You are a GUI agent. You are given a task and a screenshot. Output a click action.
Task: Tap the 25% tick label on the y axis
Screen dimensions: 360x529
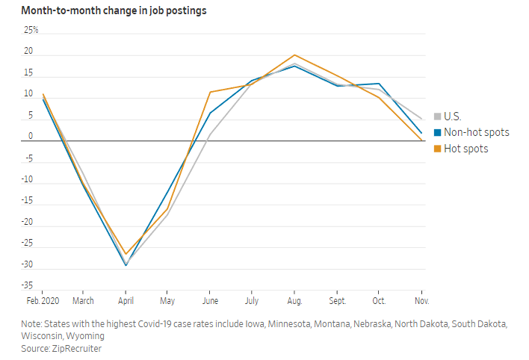(x=31, y=31)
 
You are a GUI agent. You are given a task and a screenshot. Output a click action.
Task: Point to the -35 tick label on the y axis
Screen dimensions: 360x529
(x=28, y=286)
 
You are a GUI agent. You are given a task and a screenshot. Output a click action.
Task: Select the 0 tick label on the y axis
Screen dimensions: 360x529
(x=31, y=137)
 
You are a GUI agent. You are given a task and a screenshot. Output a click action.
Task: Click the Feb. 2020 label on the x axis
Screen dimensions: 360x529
(x=42, y=300)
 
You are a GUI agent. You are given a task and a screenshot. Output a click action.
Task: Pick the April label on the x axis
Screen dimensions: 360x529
(x=126, y=300)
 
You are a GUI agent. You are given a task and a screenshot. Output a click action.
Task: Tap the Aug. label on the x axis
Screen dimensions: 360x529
(x=294, y=300)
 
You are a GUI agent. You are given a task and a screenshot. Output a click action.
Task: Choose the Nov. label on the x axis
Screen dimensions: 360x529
(x=421, y=300)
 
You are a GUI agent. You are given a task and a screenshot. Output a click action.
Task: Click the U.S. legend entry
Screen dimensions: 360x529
(x=452, y=116)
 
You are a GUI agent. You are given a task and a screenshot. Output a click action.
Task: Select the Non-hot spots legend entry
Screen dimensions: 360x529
(x=476, y=132)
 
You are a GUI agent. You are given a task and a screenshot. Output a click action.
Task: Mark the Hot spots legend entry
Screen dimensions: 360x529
(x=465, y=149)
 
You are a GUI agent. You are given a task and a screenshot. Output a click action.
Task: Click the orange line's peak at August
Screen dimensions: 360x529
(x=294, y=55)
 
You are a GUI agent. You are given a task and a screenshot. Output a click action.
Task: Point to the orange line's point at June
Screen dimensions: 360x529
(x=210, y=92)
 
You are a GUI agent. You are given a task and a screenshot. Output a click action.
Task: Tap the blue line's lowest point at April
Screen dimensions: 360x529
(x=126, y=265)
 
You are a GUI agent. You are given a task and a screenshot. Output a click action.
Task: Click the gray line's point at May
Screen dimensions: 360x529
(x=168, y=214)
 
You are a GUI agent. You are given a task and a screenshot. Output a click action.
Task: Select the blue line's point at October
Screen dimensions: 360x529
(x=380, y=84)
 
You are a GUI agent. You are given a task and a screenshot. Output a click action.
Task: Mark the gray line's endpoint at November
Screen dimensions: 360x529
(x=421, y=119)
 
